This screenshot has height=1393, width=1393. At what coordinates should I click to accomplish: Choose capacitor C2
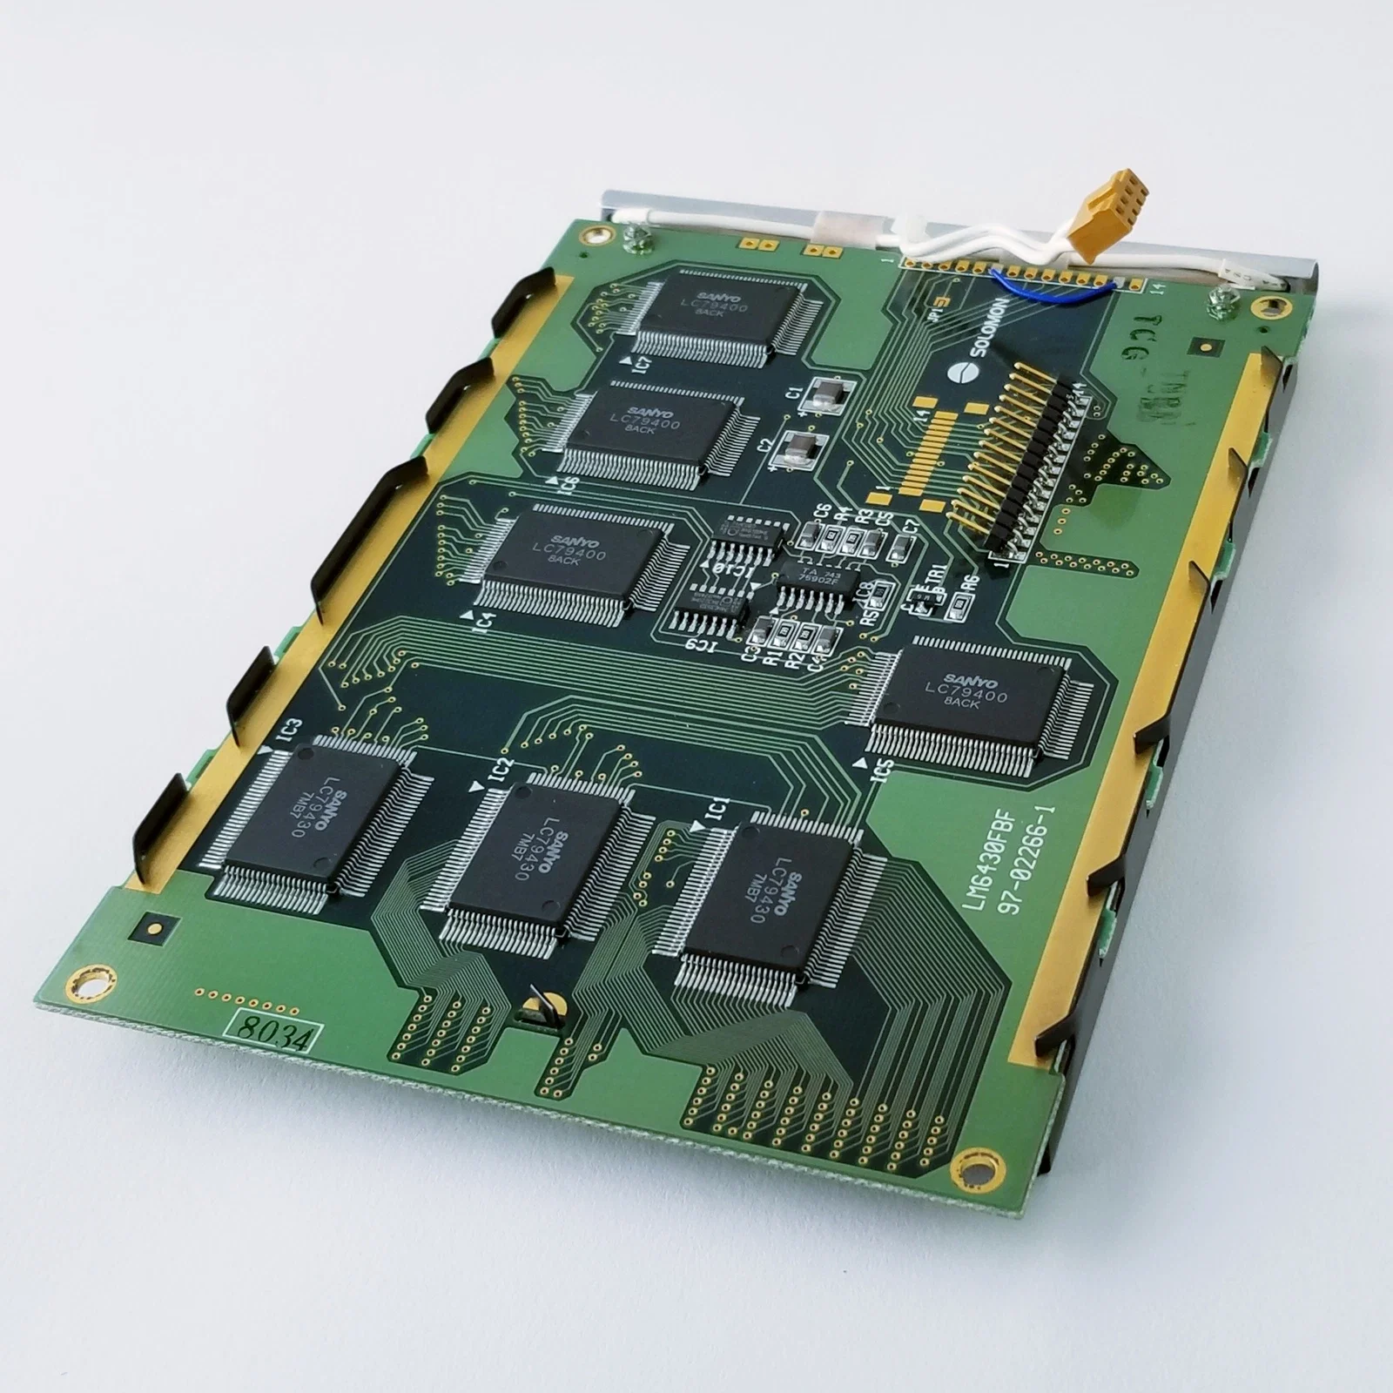(x=803, y=448)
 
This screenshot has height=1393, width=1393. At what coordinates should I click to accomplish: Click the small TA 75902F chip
(x=812, y=579)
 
